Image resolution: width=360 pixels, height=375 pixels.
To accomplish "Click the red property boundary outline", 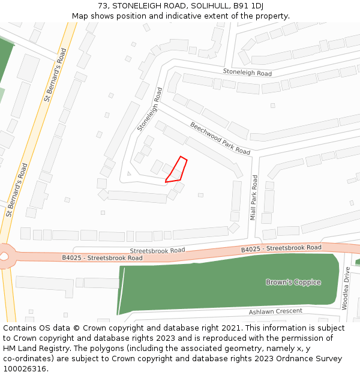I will [x=177, y=170].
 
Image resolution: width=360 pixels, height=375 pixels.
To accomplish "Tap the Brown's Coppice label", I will [x=293, y=282].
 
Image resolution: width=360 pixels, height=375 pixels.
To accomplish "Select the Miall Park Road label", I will [x=254, y=197].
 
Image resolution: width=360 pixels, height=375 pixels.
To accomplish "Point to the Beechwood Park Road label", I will [x=220, y=139].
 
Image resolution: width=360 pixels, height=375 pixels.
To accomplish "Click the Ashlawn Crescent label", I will [x=275, y=312].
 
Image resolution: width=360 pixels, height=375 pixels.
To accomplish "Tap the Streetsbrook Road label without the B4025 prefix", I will [x=157, y=250].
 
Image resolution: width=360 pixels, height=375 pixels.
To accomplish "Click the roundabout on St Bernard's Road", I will [x=3, y=256].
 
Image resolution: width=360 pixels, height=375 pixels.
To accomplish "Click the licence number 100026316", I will [x=25, y=369].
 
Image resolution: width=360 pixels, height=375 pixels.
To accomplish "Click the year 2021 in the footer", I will [x=230, y=328].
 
